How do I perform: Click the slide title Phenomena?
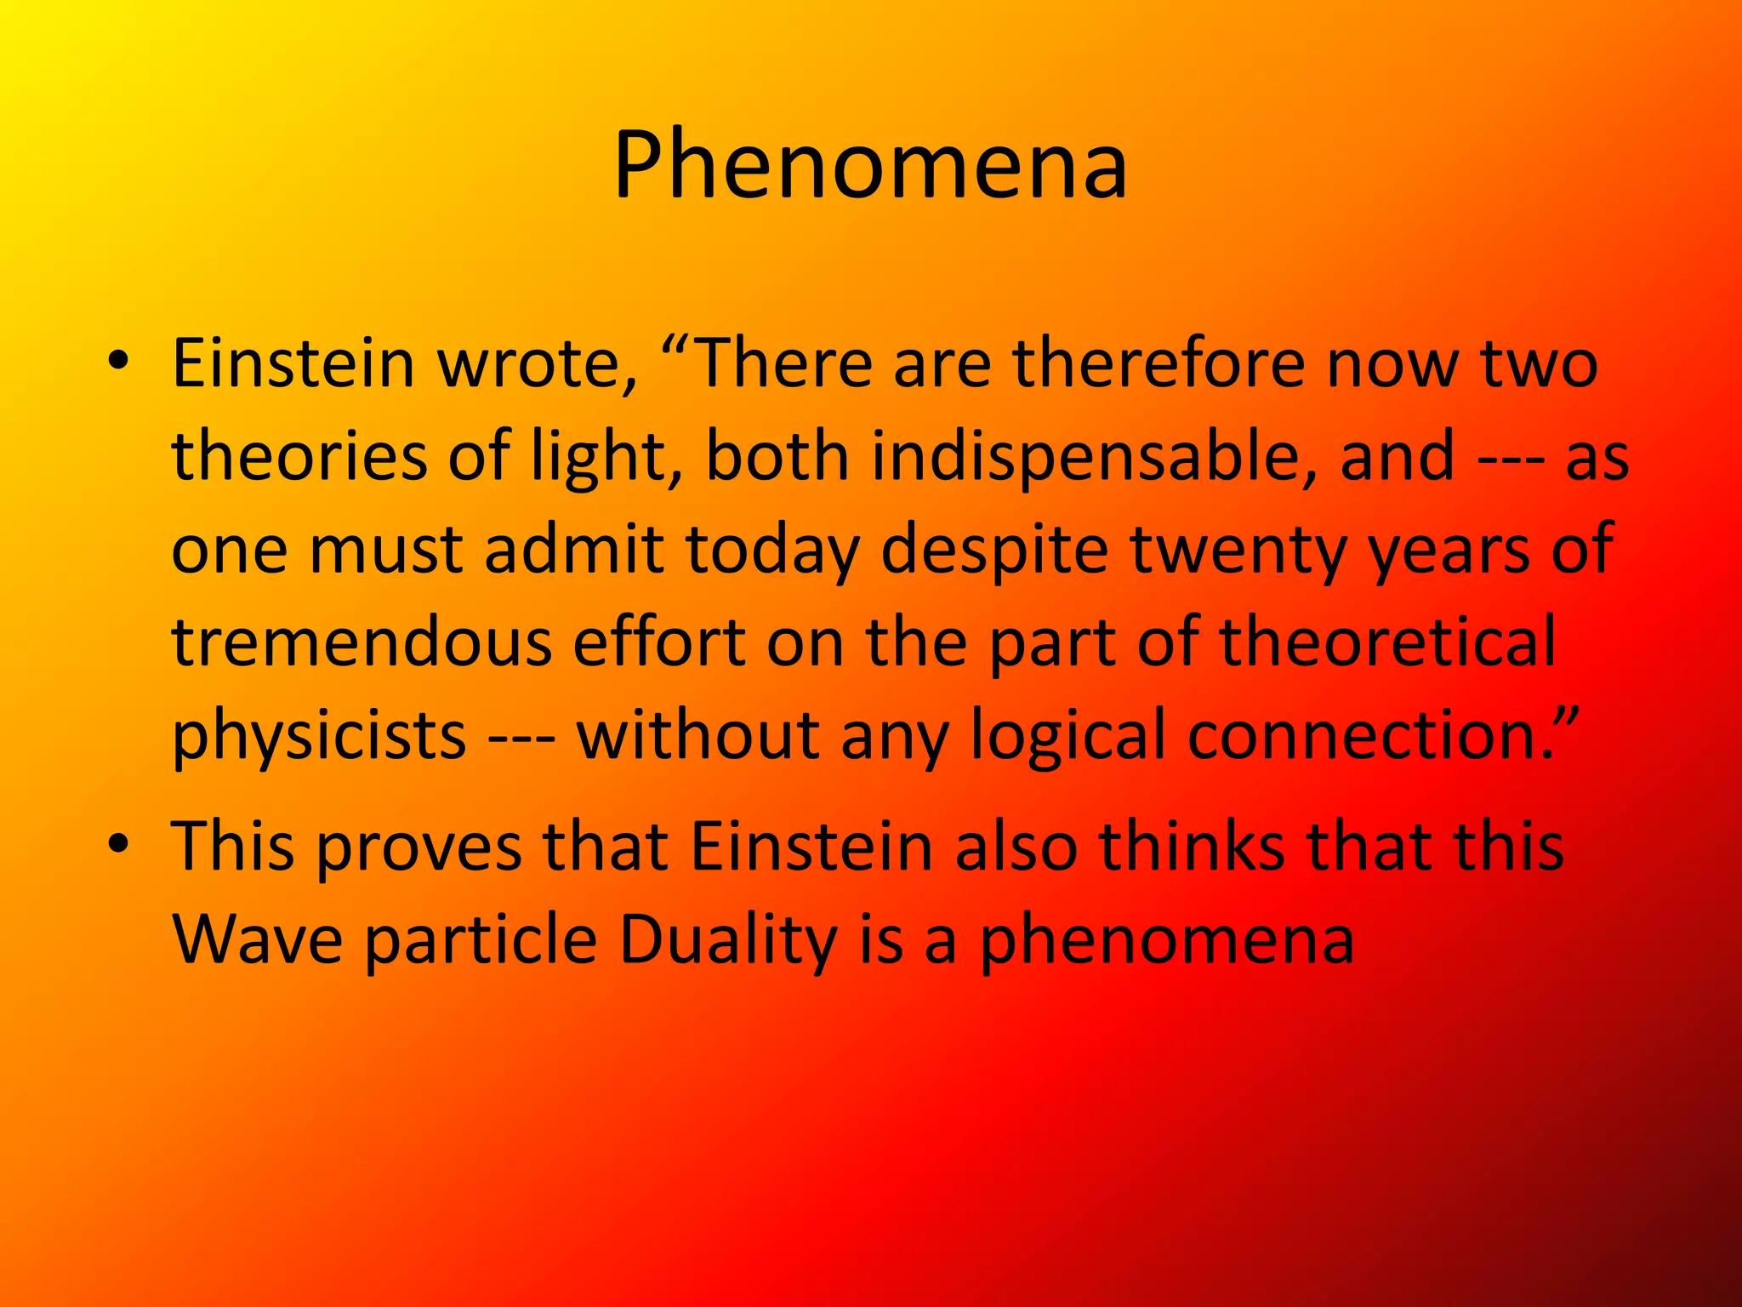click(870, 166)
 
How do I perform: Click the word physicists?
click(319, 736)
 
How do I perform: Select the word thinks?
click(1191, 847)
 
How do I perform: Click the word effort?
click(659, 642)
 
